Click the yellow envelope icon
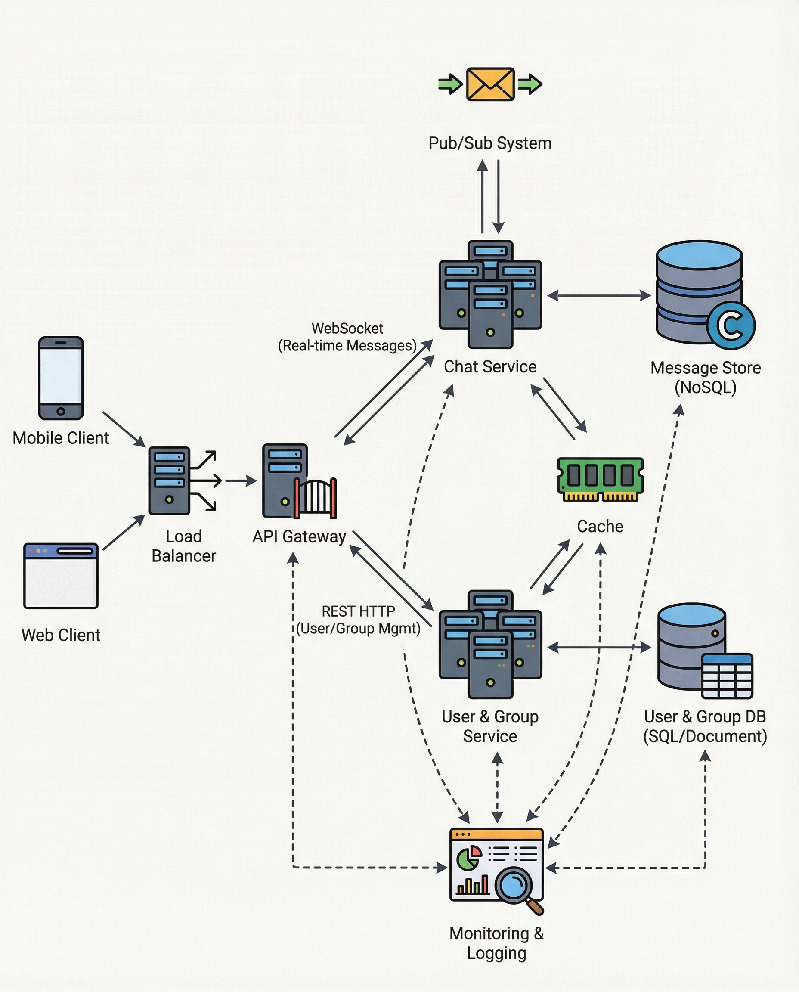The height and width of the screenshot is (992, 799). coord(490,84)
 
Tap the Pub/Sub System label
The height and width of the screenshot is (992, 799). coord(490,143)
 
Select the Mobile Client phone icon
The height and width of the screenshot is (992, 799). coord(61,378)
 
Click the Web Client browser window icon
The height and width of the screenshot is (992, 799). coord(61,575)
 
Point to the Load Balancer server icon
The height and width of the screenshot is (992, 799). coord(169,480)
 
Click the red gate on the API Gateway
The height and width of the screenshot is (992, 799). coord(316,498)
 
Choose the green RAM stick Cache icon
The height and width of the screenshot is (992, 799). coord(600,479)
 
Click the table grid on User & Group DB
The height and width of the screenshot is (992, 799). coord(727,675)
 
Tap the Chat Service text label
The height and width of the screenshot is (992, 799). coord(490,367)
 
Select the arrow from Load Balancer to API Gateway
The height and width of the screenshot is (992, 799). coord(241,480)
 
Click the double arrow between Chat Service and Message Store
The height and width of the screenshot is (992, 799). coord(599,295)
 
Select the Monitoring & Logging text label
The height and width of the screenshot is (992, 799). coord(496,943)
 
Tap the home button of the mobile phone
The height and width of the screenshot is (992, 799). coord(61,411)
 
